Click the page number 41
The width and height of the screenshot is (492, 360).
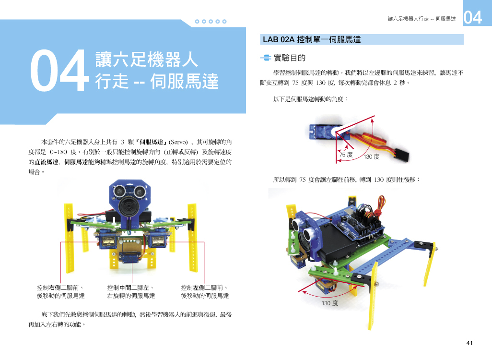(x=469, y=343)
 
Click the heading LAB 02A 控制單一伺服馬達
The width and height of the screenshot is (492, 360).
(x=312, y=39)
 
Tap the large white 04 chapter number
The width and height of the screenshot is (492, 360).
(x=59, y=71)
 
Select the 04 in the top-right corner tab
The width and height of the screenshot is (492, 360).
(x=472, y=17)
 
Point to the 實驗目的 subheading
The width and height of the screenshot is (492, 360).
(x=290, y=58)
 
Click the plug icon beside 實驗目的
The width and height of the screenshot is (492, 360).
(x=266, y=58)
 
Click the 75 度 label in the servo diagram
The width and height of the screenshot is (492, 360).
(x=346, y=154)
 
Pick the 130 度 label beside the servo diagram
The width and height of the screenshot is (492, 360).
(x=372, y=156)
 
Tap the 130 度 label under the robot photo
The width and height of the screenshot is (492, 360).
(x=330, y=303)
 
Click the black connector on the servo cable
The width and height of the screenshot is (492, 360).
(x=402, y=155)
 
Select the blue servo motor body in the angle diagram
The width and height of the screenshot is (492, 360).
(x=321, y=132)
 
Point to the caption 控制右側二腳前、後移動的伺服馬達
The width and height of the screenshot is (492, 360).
(x=60, y=291)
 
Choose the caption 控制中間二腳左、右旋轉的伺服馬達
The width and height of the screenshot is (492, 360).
(x=131, y=291)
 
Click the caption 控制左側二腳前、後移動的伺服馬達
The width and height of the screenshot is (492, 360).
(x=205, y=291)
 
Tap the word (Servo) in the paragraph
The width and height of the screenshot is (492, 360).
(x=178, y=142)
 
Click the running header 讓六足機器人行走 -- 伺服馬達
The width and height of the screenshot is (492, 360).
(x=422, y=19)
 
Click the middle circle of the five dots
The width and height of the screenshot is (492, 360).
(x=211, y=22)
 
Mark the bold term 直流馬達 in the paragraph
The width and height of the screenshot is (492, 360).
(x=47, y=162)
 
